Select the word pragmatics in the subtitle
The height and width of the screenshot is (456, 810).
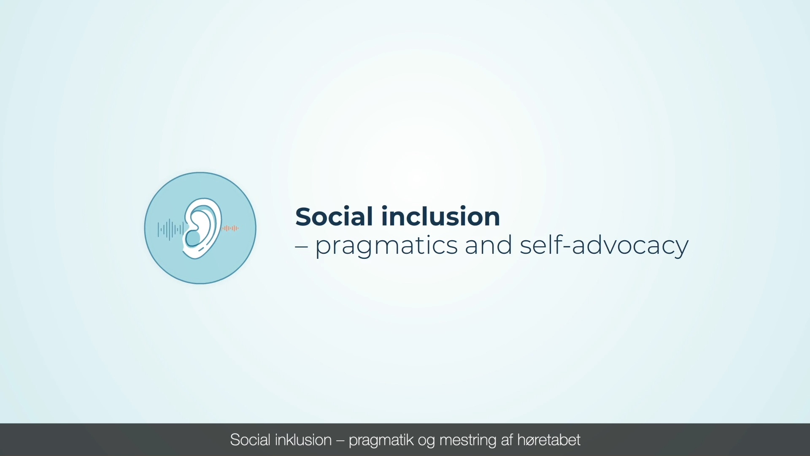pyautogui.click(x=386, y=246)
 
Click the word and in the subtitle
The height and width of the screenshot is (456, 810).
pyautogui.click(x=489, y=244)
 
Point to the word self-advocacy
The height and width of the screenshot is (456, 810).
pyautogui.click(x=604, y=246)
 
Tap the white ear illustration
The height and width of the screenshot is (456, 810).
pyautogui.click(x=202, y=228)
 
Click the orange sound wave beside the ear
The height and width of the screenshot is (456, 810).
pyautogui.click(x=230, y=228)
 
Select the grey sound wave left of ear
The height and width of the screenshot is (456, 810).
pyautogui.click(x=170, y=230)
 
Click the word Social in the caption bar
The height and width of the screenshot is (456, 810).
pyautogui.click(x=250, y=440)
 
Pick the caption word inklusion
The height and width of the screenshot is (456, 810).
pyautogui.click(x=303, y=440)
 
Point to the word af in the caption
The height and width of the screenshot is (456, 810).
pyautogui.click(x=507, y=440)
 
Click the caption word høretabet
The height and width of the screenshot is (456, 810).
pyautogui.click(x=549, y=440)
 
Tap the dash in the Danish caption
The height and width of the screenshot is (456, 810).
pyautogui.click(x=340, y=441)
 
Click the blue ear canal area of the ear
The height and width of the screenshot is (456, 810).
pyautogui.click(x=193, y=238)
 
